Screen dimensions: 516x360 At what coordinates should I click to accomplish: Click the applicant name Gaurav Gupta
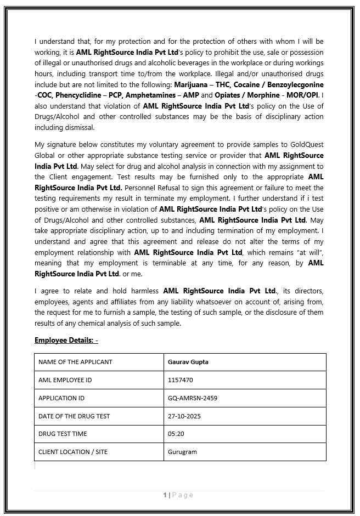pyautogui.click(x=188, y=362)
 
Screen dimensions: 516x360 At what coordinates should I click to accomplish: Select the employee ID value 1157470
pyautogui.click(x=181, y=380)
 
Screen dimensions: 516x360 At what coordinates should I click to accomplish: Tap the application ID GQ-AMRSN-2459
pyautogui.click(x=193, y=398)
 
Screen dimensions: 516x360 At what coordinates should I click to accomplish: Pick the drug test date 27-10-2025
pyautogui.click(x=184, y=416)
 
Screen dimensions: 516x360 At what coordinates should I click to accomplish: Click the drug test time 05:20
pyautogui.click(x=176, y=434)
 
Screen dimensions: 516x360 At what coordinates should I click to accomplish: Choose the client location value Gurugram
pyautogui.click(x=182, y=452)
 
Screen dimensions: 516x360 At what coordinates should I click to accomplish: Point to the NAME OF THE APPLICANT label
pyautogui.click(x=75, y=362)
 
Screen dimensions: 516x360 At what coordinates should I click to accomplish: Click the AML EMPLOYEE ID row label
pyautogui.click(x=65, y=380)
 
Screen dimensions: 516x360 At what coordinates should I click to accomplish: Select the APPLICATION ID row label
pyautogui.click(x=61, y=398)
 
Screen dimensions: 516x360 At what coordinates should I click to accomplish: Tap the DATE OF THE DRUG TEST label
pyautogui.click(x=74, y=416)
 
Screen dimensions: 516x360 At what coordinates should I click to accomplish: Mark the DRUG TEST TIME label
pyautogui.click(x=63, y=434)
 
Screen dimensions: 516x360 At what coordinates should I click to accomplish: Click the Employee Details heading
pyautogui.click(x=66, y=341)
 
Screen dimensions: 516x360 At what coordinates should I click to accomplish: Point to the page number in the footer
pyautogui.click(x=165, y=495)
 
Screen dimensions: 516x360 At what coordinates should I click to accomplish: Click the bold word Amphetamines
pyautogui.click(x=151, y=95)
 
